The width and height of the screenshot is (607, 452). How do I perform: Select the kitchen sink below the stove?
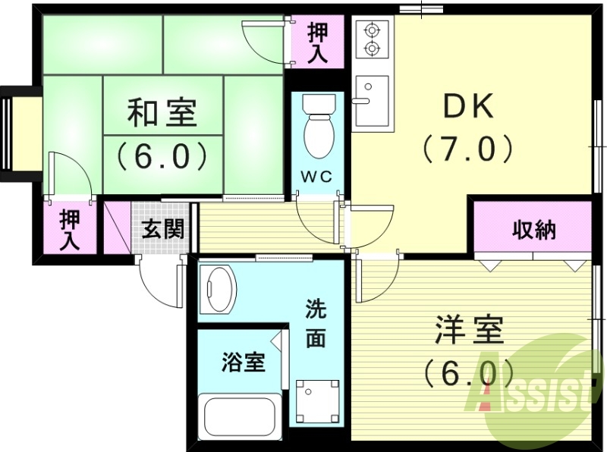tap(372, 101)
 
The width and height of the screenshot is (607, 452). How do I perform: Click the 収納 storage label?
tap(533, 230)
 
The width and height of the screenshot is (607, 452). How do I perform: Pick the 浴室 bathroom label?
tap(243, 363)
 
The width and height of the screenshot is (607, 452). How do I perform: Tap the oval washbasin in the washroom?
tap(221, 289)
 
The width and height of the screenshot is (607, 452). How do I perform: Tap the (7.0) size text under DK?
tap(468, 149)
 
